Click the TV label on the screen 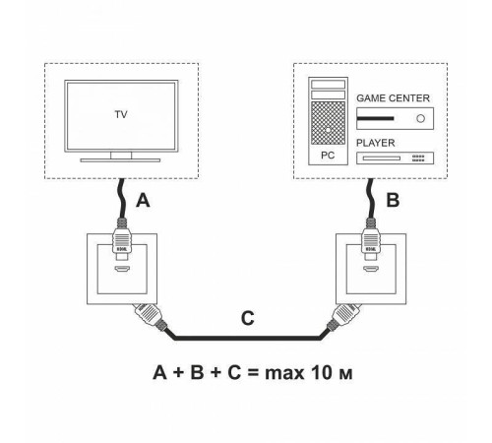(120, 113)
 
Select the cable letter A (144, 201)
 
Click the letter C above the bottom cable (250, 320)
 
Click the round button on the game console (421, 119)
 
